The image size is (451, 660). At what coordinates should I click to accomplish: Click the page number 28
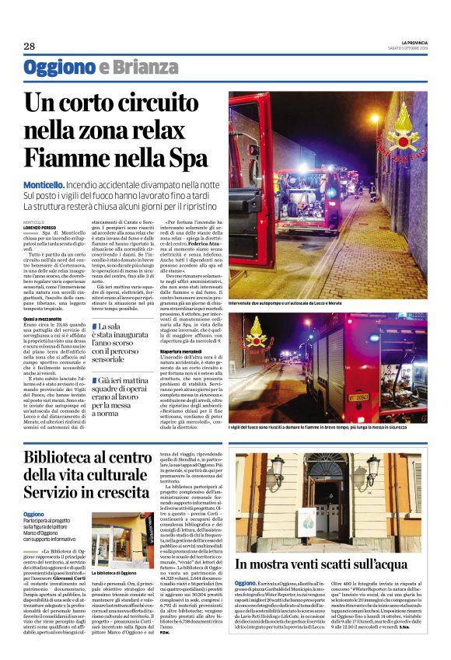pyautogui.click(x=30, y=47)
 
